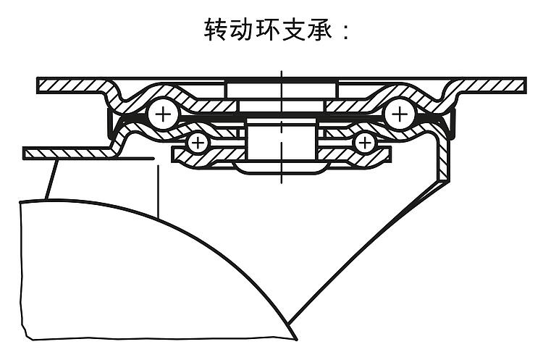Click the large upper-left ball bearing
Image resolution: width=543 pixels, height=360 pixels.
coord(163,113)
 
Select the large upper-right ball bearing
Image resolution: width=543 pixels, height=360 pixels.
coord(399,113)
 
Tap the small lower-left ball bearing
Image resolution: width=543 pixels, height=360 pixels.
coord(196,142)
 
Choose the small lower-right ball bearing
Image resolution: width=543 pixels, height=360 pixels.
coord(365,142)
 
